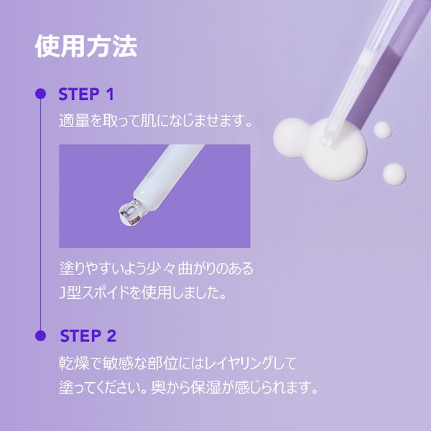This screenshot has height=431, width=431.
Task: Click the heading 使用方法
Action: click(x=85, y=47)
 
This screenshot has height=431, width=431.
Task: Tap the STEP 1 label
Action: click(x=85, y=94)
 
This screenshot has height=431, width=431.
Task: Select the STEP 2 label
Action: click(x=88, y=335)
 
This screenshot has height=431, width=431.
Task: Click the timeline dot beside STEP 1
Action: click(x=40, y=94)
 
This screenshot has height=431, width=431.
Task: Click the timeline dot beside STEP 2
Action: click(x=40, y=335)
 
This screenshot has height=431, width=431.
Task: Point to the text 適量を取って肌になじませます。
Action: click(x=157, y=121)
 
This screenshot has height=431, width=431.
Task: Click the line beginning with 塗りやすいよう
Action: click(x=156, y=270)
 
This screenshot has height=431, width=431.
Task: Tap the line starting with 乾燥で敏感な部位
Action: click(x=177, y=362)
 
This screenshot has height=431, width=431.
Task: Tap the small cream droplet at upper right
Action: click(x=383, y=129)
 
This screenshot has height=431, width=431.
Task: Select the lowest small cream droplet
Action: click(x=394, y=172)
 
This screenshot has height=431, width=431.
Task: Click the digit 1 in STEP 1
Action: click(x=110, y=94)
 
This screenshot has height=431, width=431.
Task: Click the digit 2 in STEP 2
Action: click(x=111, y=335)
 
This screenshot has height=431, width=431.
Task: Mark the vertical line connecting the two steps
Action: click(x=40, y=215)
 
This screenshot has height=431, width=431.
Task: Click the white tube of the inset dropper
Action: click(x=169, y=180)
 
